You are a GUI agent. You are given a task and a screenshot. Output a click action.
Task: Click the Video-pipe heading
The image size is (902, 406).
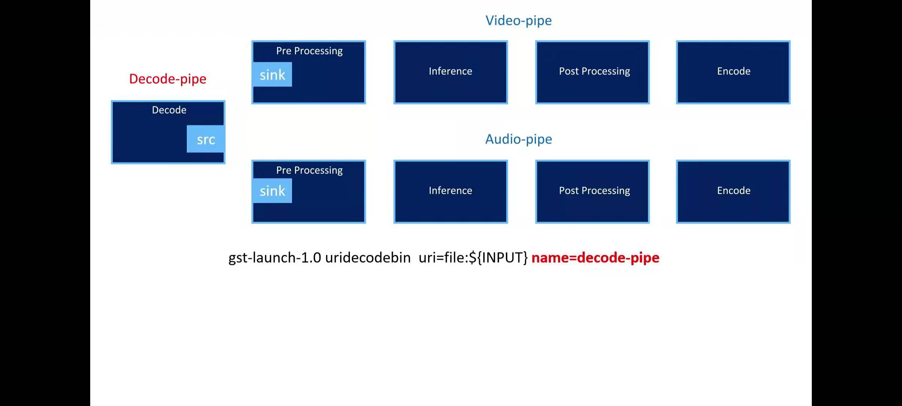(518, 21)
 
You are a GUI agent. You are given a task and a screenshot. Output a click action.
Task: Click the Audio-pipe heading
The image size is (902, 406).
(518, 139)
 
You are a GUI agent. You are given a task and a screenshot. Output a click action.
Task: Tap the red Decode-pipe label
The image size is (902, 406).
(168, 79)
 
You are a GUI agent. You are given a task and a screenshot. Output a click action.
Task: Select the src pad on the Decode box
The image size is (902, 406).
(206, 139)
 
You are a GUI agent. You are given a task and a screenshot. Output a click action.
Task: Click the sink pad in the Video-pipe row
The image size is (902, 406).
(272, 75)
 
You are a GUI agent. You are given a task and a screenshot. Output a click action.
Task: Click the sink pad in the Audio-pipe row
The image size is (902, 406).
(272, 191)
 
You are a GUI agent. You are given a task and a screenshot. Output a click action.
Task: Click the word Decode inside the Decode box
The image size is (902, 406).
(169, 110)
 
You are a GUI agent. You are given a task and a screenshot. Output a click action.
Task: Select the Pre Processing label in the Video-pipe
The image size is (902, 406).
(309, 51)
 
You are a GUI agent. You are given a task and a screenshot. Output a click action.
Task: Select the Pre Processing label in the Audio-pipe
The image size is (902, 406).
(309, 170)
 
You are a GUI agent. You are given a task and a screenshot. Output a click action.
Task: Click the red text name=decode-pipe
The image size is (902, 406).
(595, 258)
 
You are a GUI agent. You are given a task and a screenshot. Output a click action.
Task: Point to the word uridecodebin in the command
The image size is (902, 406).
(368, 258)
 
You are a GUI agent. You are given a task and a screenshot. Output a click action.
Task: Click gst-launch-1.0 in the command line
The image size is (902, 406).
(275, 258)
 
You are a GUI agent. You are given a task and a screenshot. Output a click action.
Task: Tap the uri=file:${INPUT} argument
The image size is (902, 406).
(473, 258)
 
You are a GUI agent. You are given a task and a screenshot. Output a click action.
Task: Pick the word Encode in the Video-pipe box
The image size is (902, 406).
(734, 71)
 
